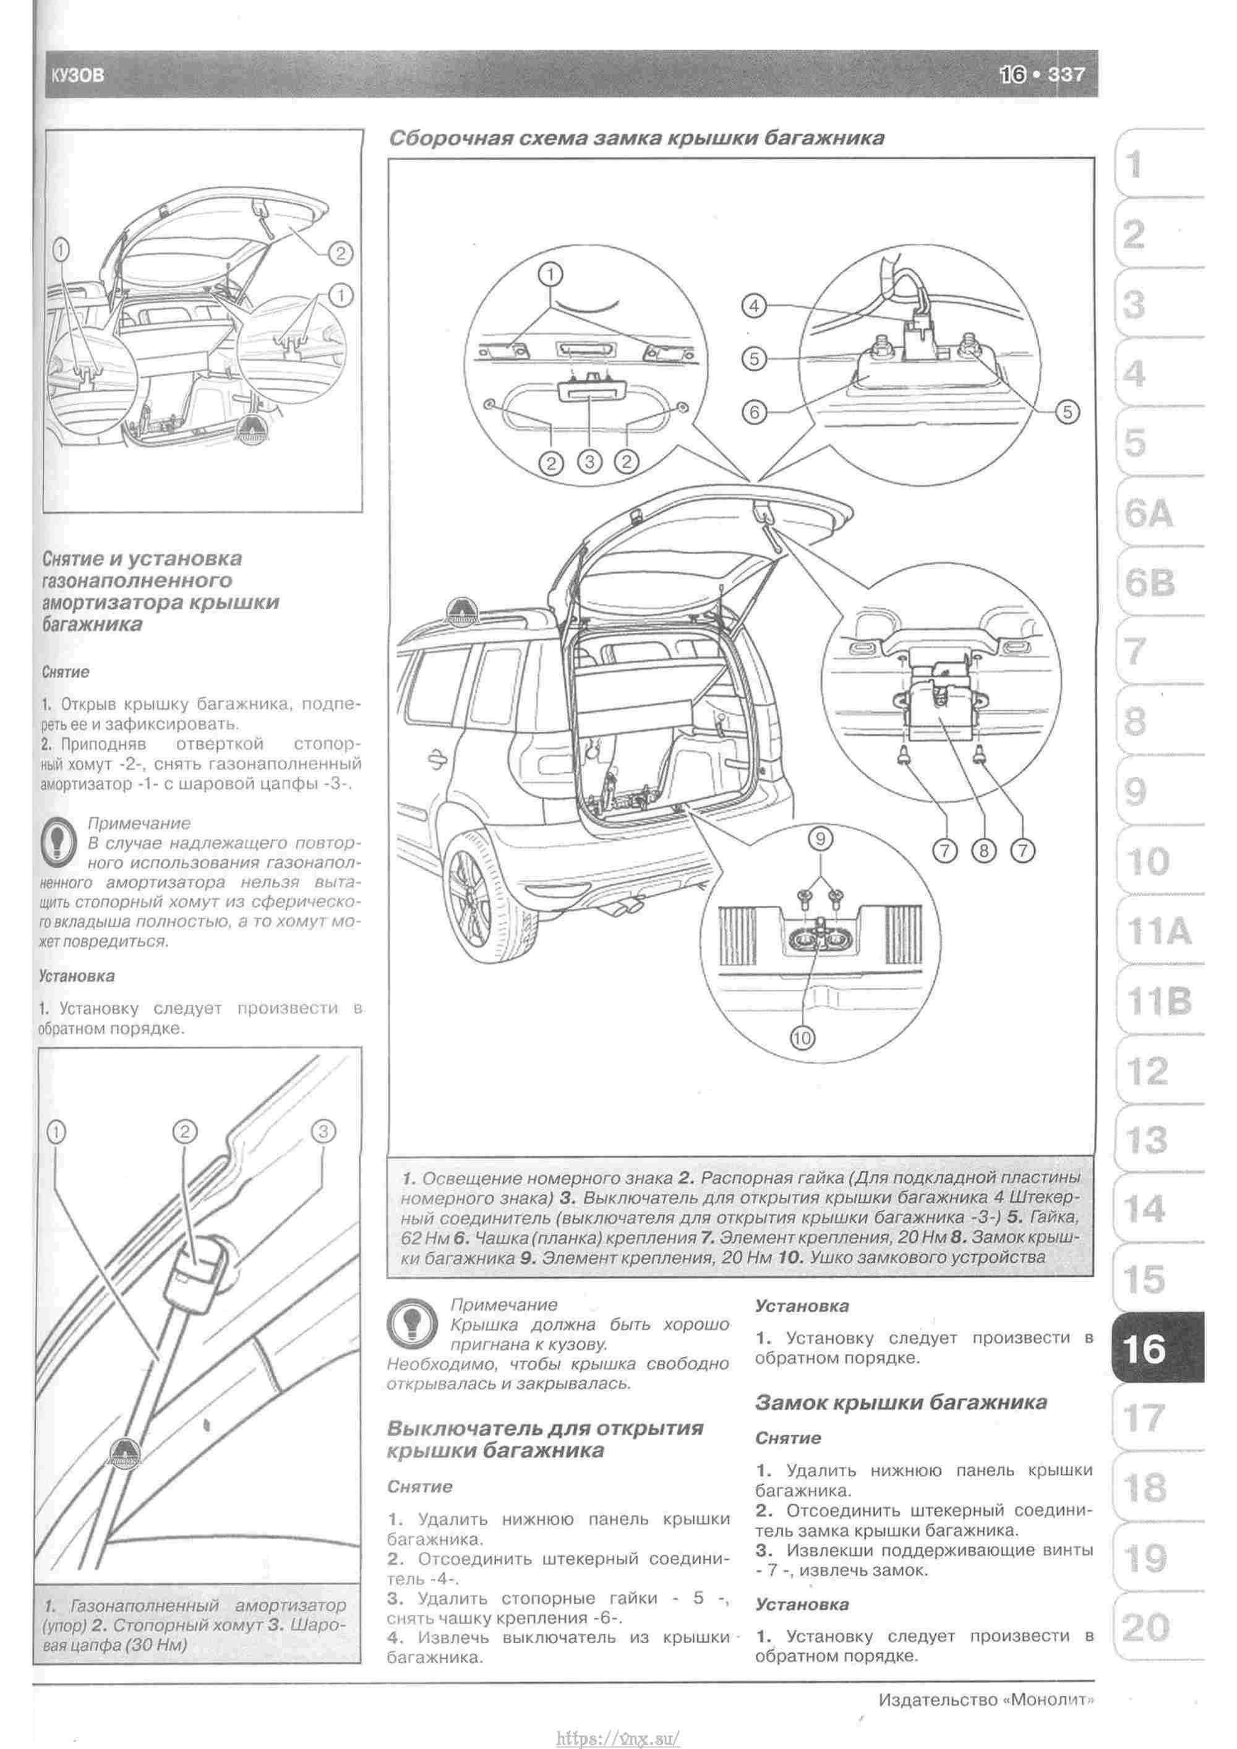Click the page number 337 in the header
(x=1066, y=75)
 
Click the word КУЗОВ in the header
(x=78, y=75)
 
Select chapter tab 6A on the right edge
(x=1149, y=515)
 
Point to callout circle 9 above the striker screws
(x=820, y=840)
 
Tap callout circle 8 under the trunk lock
(x=983, y=851)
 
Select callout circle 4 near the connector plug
(x=753, y=306)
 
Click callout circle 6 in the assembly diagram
(x=753, y=412)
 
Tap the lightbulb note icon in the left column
(x=59, y=843)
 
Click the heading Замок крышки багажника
(x=901, y=1403)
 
